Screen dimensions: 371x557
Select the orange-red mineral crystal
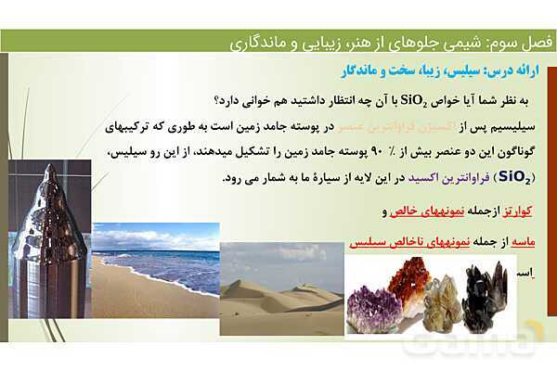coord(408,278)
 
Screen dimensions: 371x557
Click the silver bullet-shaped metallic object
coord(48,237)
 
